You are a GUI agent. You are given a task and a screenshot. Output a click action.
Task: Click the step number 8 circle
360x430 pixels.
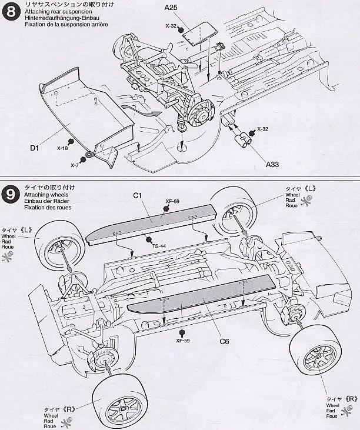click(11, 12)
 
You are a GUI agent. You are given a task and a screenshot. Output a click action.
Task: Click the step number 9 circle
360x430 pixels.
click(11, 195)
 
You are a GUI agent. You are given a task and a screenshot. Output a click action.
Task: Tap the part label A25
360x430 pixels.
click(171, 8)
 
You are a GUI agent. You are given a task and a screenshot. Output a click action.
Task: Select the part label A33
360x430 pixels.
click(272, 164)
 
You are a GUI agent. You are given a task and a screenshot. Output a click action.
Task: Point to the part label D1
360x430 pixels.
click(35, 148)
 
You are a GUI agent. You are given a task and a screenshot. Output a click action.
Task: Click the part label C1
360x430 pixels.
click(138, 195)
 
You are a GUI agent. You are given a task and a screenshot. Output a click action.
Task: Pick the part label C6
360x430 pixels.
click(224, 341)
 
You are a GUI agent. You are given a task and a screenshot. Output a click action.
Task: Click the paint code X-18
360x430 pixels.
click(62, 148)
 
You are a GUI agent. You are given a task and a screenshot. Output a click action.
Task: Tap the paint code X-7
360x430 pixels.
click(75, 165)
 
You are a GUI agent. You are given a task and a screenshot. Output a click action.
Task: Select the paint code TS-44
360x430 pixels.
click(159, 246)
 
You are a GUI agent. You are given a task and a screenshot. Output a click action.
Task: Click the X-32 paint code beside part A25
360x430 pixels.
click(171, 26)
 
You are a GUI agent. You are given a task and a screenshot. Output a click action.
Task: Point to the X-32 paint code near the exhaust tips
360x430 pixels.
click(262, 129)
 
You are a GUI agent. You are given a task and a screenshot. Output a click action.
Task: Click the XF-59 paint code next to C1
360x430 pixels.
click(172, 201)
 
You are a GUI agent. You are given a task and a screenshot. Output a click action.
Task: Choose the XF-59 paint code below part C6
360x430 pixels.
click(183, 341)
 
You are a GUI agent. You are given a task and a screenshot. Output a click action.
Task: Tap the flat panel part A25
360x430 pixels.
click(199, 35)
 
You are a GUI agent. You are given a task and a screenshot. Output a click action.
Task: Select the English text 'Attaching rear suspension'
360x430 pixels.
click(58, 12)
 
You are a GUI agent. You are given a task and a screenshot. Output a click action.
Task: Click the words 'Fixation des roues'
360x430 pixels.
click(48, 208)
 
